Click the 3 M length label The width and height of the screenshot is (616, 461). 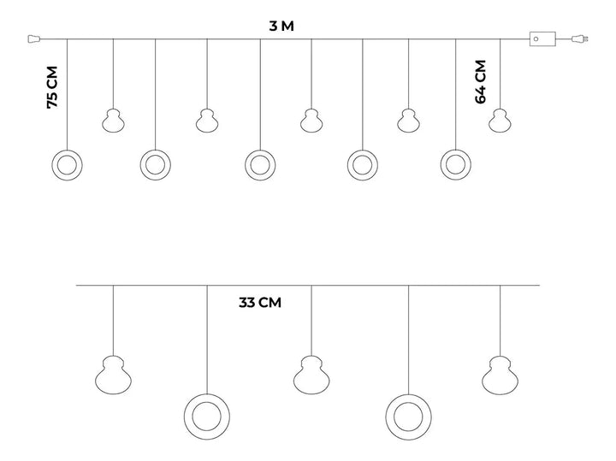(x=281, y=26)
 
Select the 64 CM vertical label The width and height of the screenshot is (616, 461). (x=480, y=81)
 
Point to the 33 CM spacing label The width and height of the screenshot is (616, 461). (x=260, y=302)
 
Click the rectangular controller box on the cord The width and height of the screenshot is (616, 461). (x=542, y=38)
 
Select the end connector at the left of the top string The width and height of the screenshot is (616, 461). (x=34, y=38)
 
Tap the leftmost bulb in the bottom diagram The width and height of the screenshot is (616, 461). (x=113, y=374)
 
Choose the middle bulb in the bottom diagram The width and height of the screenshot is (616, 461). (x=311, y=374)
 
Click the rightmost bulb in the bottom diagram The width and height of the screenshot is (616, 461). (x=500, y=374)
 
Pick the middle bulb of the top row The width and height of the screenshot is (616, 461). (x=311, y=121)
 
